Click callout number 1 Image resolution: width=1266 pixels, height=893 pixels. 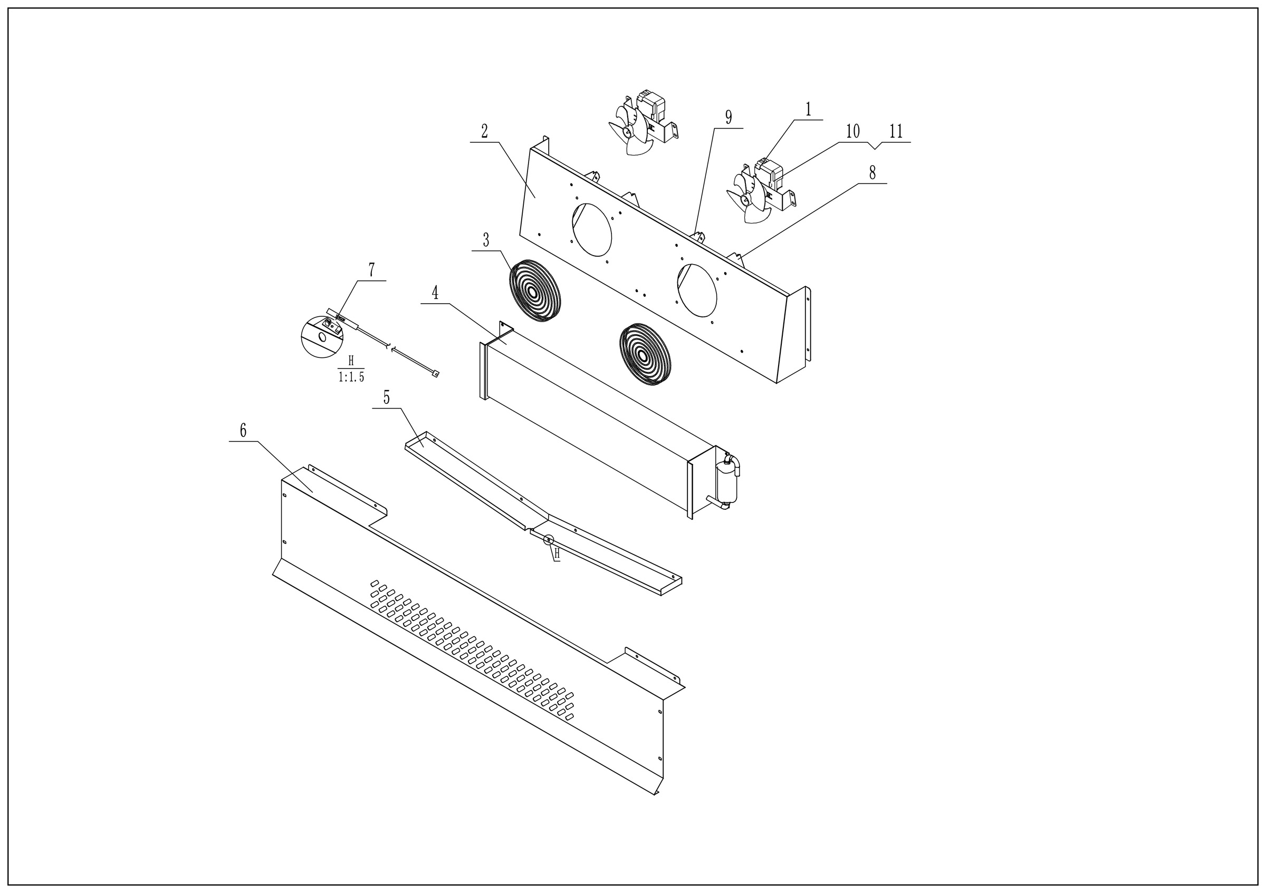[808, 110]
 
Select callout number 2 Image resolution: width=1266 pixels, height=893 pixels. [484, 132]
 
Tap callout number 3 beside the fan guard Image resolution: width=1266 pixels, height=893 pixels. [486, 241]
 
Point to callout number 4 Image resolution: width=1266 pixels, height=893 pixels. [435, 293]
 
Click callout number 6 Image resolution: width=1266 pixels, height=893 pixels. [243, 431]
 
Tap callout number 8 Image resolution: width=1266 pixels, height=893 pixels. [872, 173]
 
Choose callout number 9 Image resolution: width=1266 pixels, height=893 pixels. [728, 118]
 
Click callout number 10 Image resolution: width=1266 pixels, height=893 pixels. [852, 132]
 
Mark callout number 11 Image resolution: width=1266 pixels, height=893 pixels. [896, 132]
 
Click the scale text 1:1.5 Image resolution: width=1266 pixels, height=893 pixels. [351, 377]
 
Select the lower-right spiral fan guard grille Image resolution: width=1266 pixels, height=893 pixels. [646, 355]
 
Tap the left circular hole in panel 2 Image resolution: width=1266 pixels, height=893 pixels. [592, 230]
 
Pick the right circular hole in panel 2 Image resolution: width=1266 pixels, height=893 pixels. [697, 290]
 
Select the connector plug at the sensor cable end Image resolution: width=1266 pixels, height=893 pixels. [435, 374]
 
